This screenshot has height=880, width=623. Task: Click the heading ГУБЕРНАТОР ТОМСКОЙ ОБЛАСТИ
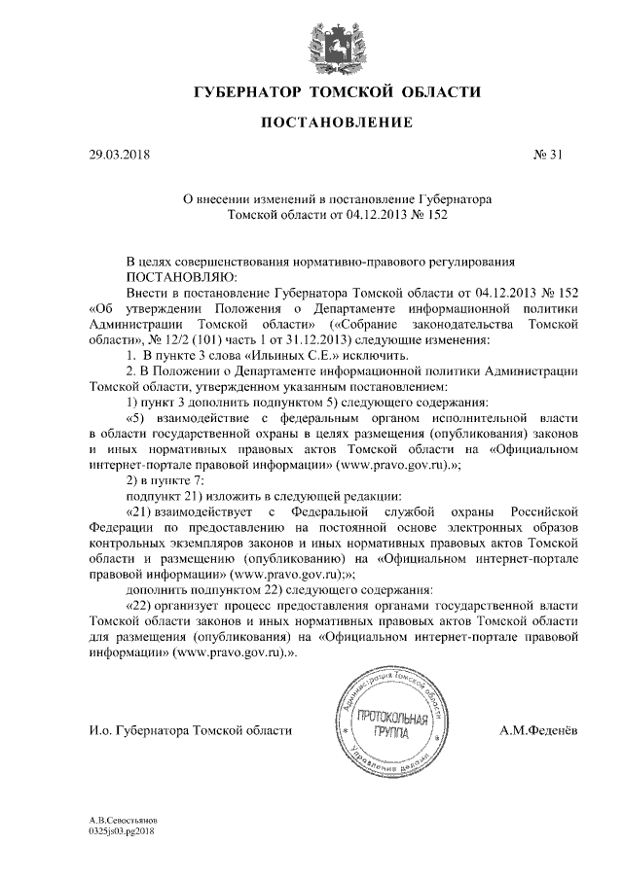pyautogui.click(x=338, y=93)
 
